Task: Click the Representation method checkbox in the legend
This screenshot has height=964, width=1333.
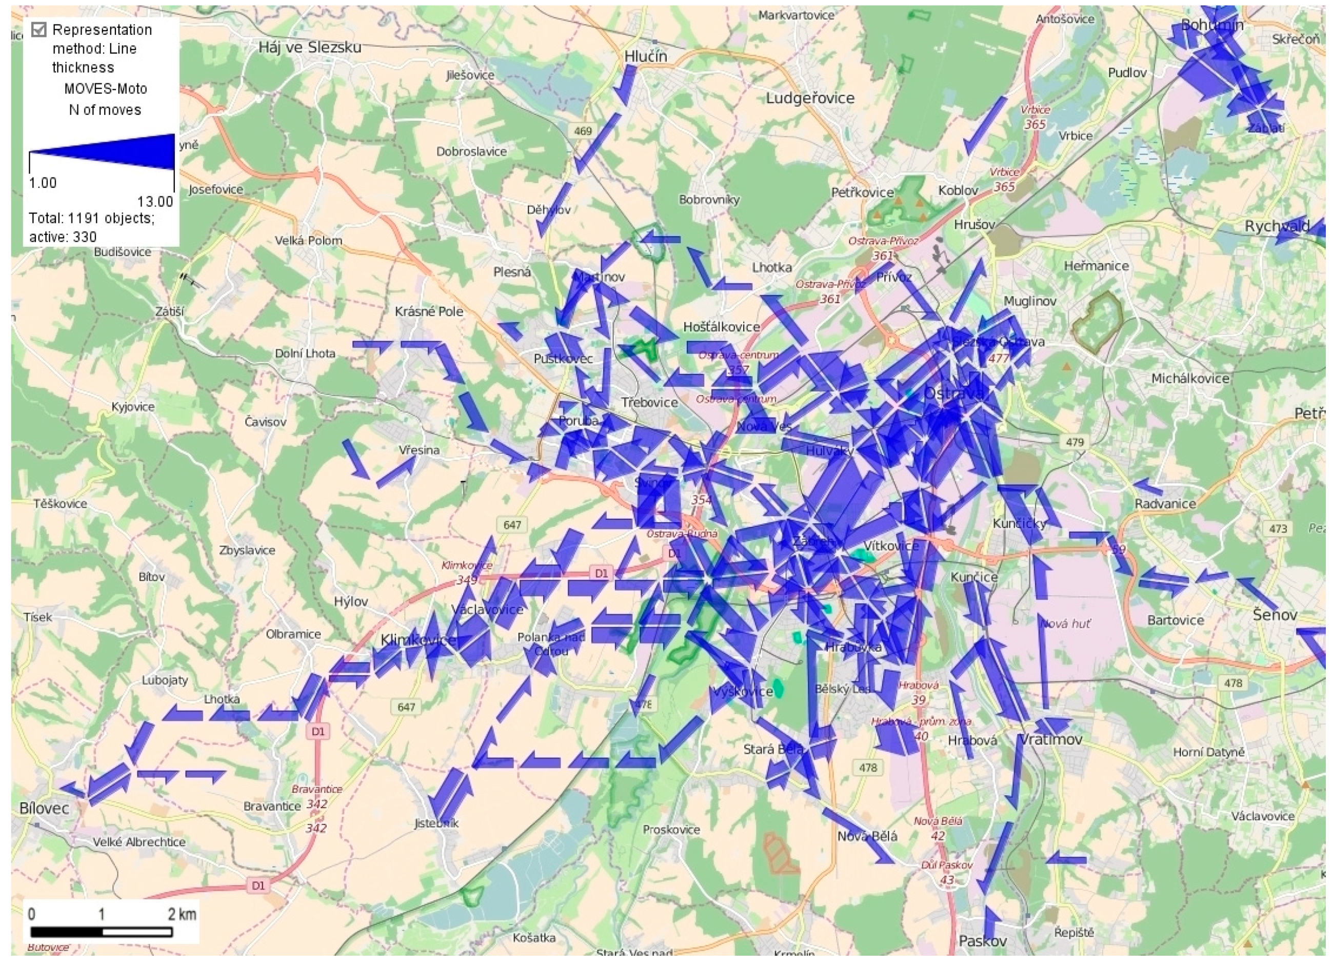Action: tap(39, 29)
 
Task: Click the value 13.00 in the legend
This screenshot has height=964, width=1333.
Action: tap(155, 202)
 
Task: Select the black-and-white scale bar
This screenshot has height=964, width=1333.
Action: tap(101, 932)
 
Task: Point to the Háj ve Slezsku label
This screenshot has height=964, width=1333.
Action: tap(310, 48)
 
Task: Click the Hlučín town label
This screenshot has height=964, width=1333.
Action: tap(646, 56)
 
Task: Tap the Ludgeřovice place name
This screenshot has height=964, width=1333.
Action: tap(809, 98)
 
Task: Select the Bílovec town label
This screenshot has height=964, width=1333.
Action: tap(44, 808)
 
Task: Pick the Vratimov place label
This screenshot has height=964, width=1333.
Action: tap(1050, 739)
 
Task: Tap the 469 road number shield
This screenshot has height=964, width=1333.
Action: tap(583, 130)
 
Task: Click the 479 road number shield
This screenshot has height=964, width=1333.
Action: tap(1075, 442)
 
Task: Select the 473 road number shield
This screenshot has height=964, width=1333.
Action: tap(1278, 528)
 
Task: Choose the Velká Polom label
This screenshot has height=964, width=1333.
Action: tap(309, 241)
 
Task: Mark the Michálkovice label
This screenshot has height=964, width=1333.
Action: tap(1190, 379)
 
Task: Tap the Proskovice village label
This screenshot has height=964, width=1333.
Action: tap(671, 830)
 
